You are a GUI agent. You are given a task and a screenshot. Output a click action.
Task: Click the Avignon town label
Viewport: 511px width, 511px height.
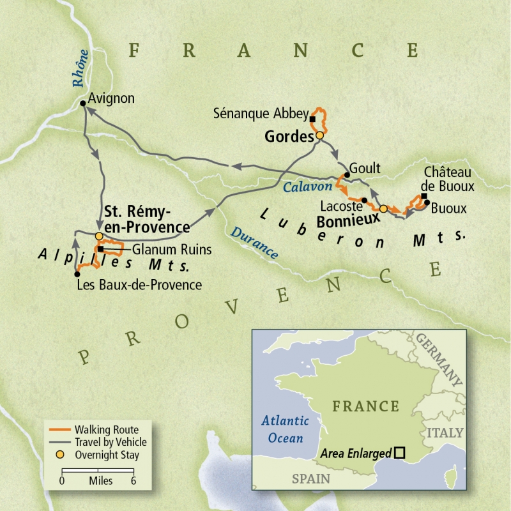(x=112, y=98)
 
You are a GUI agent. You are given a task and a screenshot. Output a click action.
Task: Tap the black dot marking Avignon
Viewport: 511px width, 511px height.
(x=84, y=103)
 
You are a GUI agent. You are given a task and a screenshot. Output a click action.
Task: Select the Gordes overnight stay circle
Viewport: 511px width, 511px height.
(x=319, y=135)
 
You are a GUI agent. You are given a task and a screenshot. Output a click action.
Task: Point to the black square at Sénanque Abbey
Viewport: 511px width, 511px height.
(x=312, y=119)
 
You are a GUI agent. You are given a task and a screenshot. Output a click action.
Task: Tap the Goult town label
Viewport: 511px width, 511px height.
(x=366, y=169)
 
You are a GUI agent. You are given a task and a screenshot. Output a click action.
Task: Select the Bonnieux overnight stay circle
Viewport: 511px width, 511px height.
(x=383, y=208)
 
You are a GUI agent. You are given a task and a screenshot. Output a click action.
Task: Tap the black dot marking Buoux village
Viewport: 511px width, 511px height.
(x=426, y=203)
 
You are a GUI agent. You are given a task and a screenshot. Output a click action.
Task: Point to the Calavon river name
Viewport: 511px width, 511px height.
(x=308, y=187)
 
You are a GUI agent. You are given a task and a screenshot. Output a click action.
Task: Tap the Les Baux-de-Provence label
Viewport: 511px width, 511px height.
(x=139, y=285)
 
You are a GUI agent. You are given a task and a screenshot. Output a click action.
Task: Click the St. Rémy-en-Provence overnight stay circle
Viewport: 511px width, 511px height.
(x=99, y=236)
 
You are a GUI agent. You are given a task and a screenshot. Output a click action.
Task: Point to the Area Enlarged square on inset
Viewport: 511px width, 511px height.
(x=399, y=453)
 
